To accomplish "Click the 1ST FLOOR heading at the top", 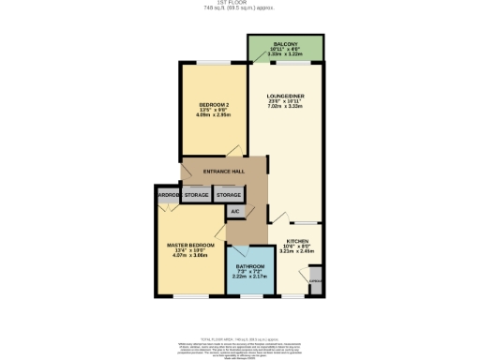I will [x=241, y=4].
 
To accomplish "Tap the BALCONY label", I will [x=285, y=44].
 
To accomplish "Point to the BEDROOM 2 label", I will [x=214, y=103].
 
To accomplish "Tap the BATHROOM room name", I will [x=250, y=265].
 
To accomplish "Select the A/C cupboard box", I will [x=234, y=212].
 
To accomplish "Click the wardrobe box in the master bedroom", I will [x=169, y=195].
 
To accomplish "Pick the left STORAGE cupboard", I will [x=196, y=195].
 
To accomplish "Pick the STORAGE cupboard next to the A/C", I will [x=229, y=195].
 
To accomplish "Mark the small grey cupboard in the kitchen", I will [x=315, y=279].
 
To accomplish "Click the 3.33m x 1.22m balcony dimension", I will [x=285, y=54].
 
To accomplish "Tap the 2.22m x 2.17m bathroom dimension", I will [x=250, y=277].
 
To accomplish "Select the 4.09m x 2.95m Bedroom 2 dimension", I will [x=214, y=114].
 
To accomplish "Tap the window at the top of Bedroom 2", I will [x=214, y=63].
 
